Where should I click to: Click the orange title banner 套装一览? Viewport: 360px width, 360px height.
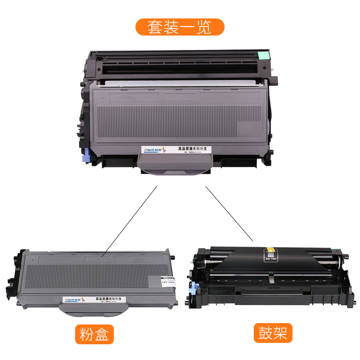[180, 27]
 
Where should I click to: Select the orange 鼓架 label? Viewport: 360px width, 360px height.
[273, 333]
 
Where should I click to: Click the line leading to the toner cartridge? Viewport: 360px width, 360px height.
[130, 220]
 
